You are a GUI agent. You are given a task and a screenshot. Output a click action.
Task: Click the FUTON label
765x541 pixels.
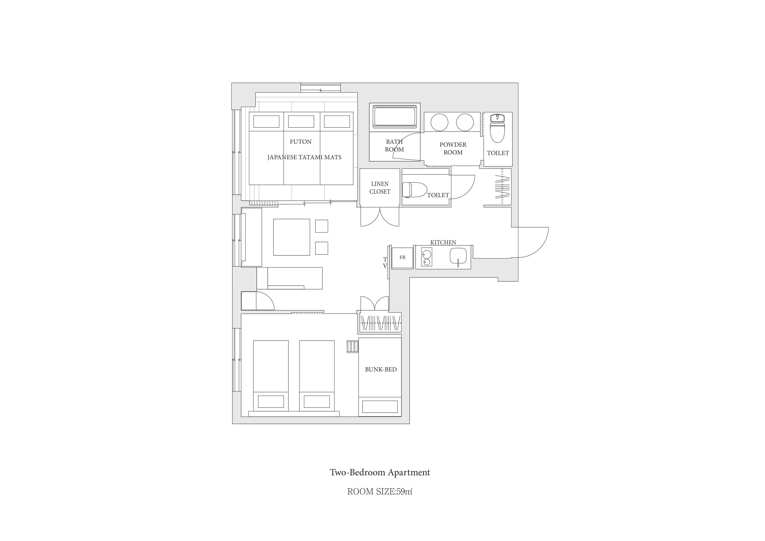click(301, 142)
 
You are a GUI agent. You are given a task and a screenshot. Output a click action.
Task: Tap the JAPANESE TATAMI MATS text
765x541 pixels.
click(304, 157)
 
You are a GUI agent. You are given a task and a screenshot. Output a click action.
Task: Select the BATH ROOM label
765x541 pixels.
click(395, 146)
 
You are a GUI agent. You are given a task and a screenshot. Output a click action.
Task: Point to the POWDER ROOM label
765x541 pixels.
click(453, 148)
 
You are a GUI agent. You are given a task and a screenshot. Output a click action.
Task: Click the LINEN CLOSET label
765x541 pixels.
click(380, 188)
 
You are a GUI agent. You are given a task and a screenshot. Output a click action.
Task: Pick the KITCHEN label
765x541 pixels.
click(443, 242)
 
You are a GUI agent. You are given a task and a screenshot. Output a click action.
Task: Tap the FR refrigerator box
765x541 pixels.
click(402, 258)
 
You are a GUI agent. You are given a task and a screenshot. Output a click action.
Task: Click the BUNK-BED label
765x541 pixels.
click(381, 369)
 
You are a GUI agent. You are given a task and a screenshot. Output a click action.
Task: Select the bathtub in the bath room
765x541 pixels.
click(395, 116)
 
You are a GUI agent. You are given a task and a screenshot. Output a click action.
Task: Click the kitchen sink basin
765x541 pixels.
click(458, 256)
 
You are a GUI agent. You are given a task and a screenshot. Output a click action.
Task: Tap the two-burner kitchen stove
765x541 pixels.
click(426, 257)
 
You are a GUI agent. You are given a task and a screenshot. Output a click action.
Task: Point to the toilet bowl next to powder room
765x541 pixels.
click(497, 128)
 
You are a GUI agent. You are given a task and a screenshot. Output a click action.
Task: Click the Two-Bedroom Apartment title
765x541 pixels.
click(380, 472)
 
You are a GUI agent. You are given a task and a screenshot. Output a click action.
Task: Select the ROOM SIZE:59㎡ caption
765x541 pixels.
click(380, 492)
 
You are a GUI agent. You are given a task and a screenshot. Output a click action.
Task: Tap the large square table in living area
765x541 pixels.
click(292, 237)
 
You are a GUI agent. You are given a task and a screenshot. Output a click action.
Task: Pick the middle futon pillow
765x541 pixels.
click(301, 121)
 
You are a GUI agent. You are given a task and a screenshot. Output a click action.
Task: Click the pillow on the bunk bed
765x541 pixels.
click(380, 407)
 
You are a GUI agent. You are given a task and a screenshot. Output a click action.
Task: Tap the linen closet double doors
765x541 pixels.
click(380, 217)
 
